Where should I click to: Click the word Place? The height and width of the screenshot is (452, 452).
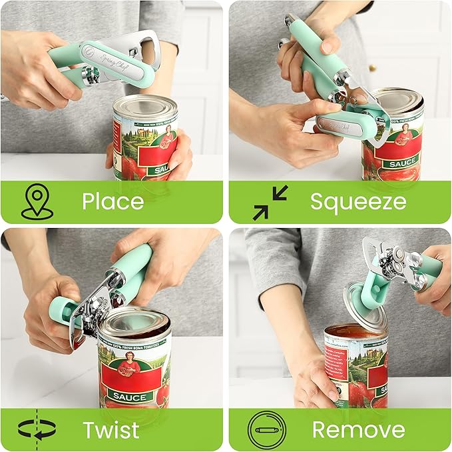point(113,201)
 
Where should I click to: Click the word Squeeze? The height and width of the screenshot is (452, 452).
point(357,201)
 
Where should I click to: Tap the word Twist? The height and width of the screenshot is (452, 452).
point(111,429)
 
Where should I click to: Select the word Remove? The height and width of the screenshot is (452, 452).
point(358,429)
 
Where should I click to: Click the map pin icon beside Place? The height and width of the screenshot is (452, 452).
point(36,202)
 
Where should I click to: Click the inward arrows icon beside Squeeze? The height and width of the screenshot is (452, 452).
point(270,202)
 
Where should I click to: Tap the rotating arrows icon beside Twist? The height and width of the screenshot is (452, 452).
point(36,429)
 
